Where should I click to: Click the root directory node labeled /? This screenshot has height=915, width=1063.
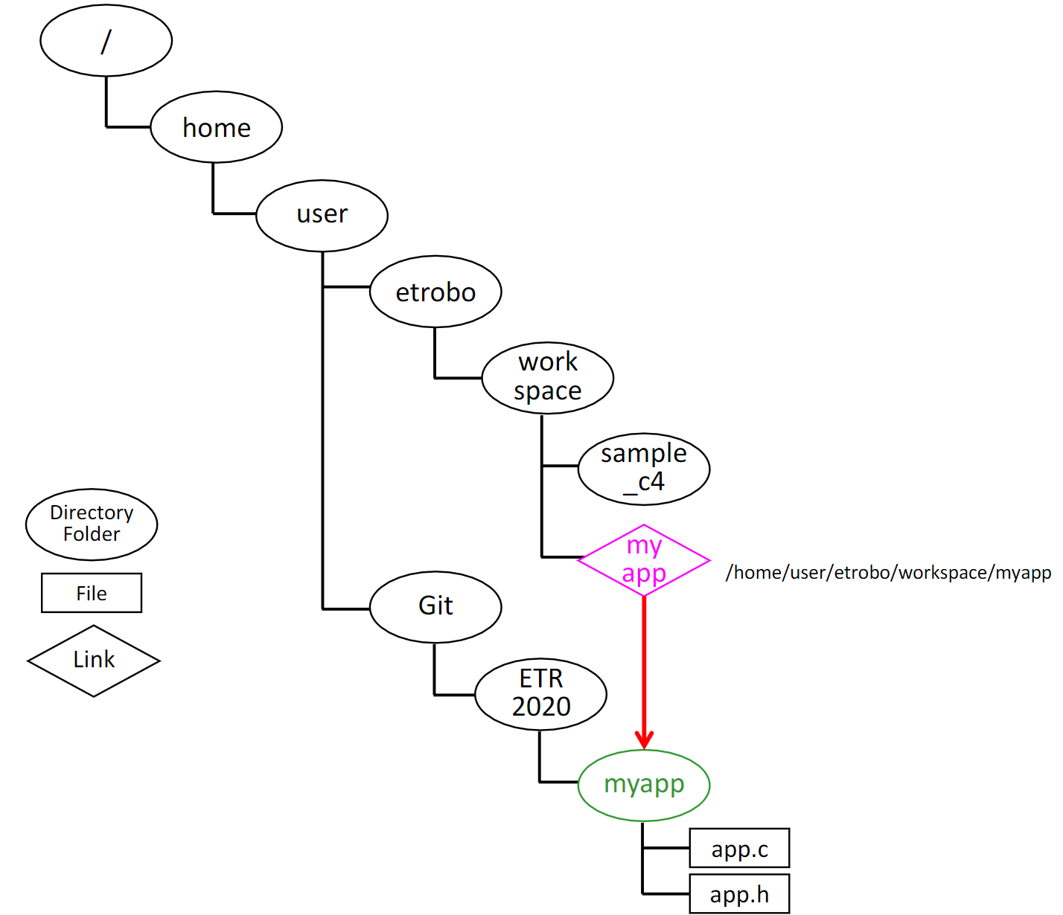pos(106,40)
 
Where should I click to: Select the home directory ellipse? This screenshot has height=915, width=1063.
pos(216,127)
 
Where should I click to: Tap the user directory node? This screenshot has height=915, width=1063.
pos(322,215)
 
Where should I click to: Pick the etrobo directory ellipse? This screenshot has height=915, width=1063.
pos(435,292)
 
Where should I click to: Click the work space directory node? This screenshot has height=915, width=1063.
pos(547,377)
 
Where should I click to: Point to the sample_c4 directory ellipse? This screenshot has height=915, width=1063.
pos(644,469)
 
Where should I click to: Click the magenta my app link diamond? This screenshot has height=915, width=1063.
pos(644,560)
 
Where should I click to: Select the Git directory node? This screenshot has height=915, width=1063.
pos(435,606)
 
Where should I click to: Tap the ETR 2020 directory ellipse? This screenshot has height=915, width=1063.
pos(540,694)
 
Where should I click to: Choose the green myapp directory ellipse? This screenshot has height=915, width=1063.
pos(644,785)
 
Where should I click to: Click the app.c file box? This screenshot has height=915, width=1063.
pos(739,848)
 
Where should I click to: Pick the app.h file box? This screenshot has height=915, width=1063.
pos(739,893)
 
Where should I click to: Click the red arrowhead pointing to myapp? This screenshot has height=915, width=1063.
pos(644,739)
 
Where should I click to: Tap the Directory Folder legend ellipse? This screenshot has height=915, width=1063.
pos(92,524)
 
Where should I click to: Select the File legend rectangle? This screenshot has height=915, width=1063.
pos(92,593)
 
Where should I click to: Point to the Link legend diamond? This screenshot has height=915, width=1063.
pos(94,661)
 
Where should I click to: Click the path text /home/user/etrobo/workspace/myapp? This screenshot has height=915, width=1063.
pos(888,572)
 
